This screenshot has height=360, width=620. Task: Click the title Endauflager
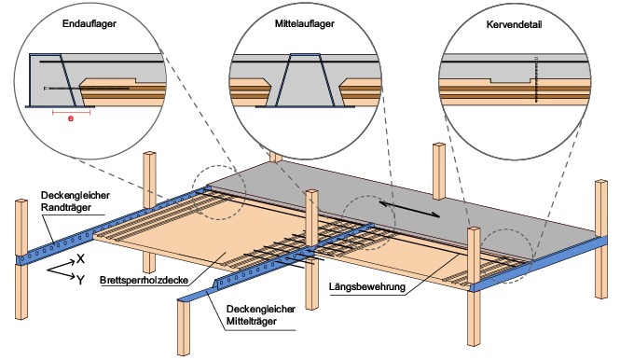coord(89,23)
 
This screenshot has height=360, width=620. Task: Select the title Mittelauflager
coord(305,23)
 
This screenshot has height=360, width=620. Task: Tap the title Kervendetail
coord(514,24)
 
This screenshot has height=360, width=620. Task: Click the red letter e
coord(71,118)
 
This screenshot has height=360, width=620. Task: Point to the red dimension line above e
coord(71,113)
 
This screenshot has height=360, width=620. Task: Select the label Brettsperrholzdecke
coord(145,280)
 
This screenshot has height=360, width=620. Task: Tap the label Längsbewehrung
coord(367,286)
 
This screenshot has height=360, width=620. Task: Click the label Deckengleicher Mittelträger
coord(260,315)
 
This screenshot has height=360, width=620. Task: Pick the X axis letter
coord(81,259)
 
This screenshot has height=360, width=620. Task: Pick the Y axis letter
coord(80,281)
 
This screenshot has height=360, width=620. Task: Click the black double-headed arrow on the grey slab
coord(409,209)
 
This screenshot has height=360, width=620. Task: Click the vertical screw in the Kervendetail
coord(536,80)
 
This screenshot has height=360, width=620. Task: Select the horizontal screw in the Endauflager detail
coord(87,89)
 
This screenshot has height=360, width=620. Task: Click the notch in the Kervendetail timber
coord(511,81)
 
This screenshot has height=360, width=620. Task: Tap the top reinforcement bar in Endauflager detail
coord(102,62)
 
